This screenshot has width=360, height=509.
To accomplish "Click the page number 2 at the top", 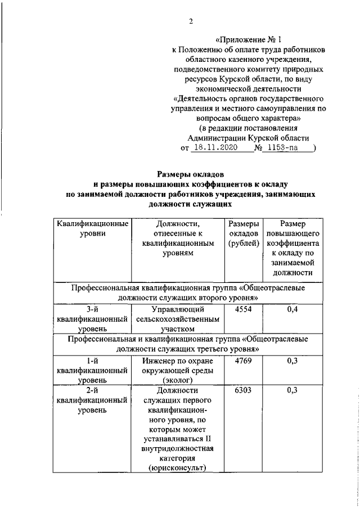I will (191, 21).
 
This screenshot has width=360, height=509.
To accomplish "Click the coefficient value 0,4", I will (291, 309).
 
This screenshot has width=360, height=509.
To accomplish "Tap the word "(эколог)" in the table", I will (178, 380).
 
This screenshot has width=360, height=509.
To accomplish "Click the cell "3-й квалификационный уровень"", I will (91, 319).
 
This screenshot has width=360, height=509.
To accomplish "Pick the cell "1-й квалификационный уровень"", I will (91, 371).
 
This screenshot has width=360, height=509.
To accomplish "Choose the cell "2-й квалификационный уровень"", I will (91, 400).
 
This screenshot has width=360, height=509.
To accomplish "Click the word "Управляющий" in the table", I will (178, 309).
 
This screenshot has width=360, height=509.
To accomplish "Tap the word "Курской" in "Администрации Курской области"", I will (264, 138).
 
